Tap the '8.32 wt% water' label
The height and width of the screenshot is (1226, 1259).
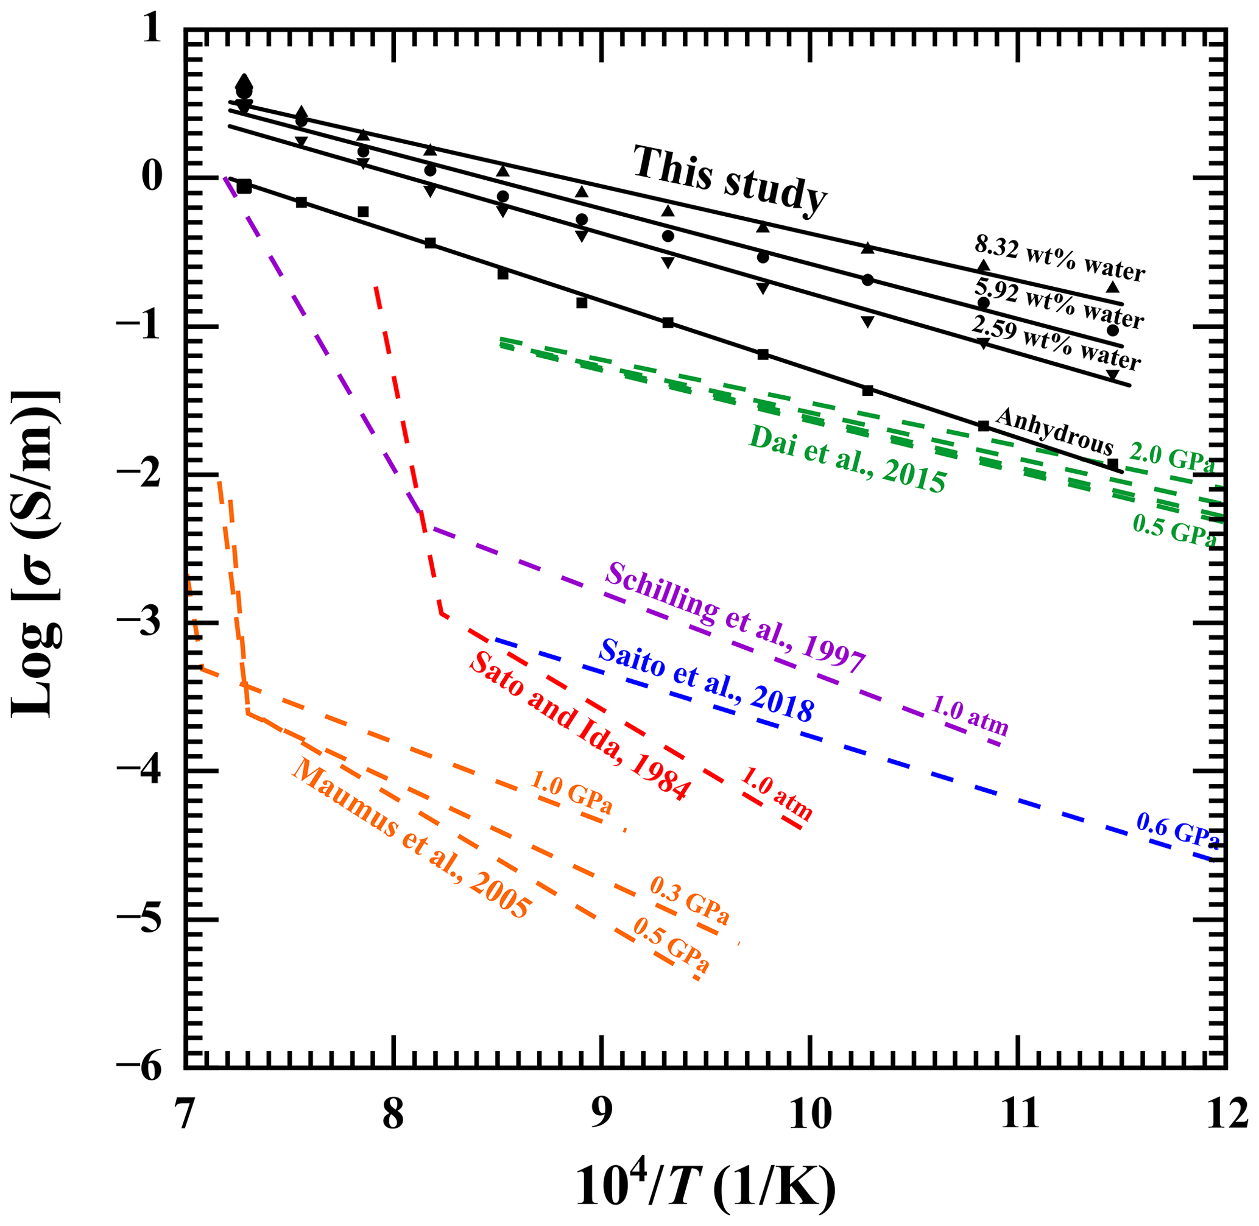1059,259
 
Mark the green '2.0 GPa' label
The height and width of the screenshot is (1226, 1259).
1172,458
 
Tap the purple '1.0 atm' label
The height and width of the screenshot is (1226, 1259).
970,716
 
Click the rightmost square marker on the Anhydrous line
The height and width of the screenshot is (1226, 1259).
1113,463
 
